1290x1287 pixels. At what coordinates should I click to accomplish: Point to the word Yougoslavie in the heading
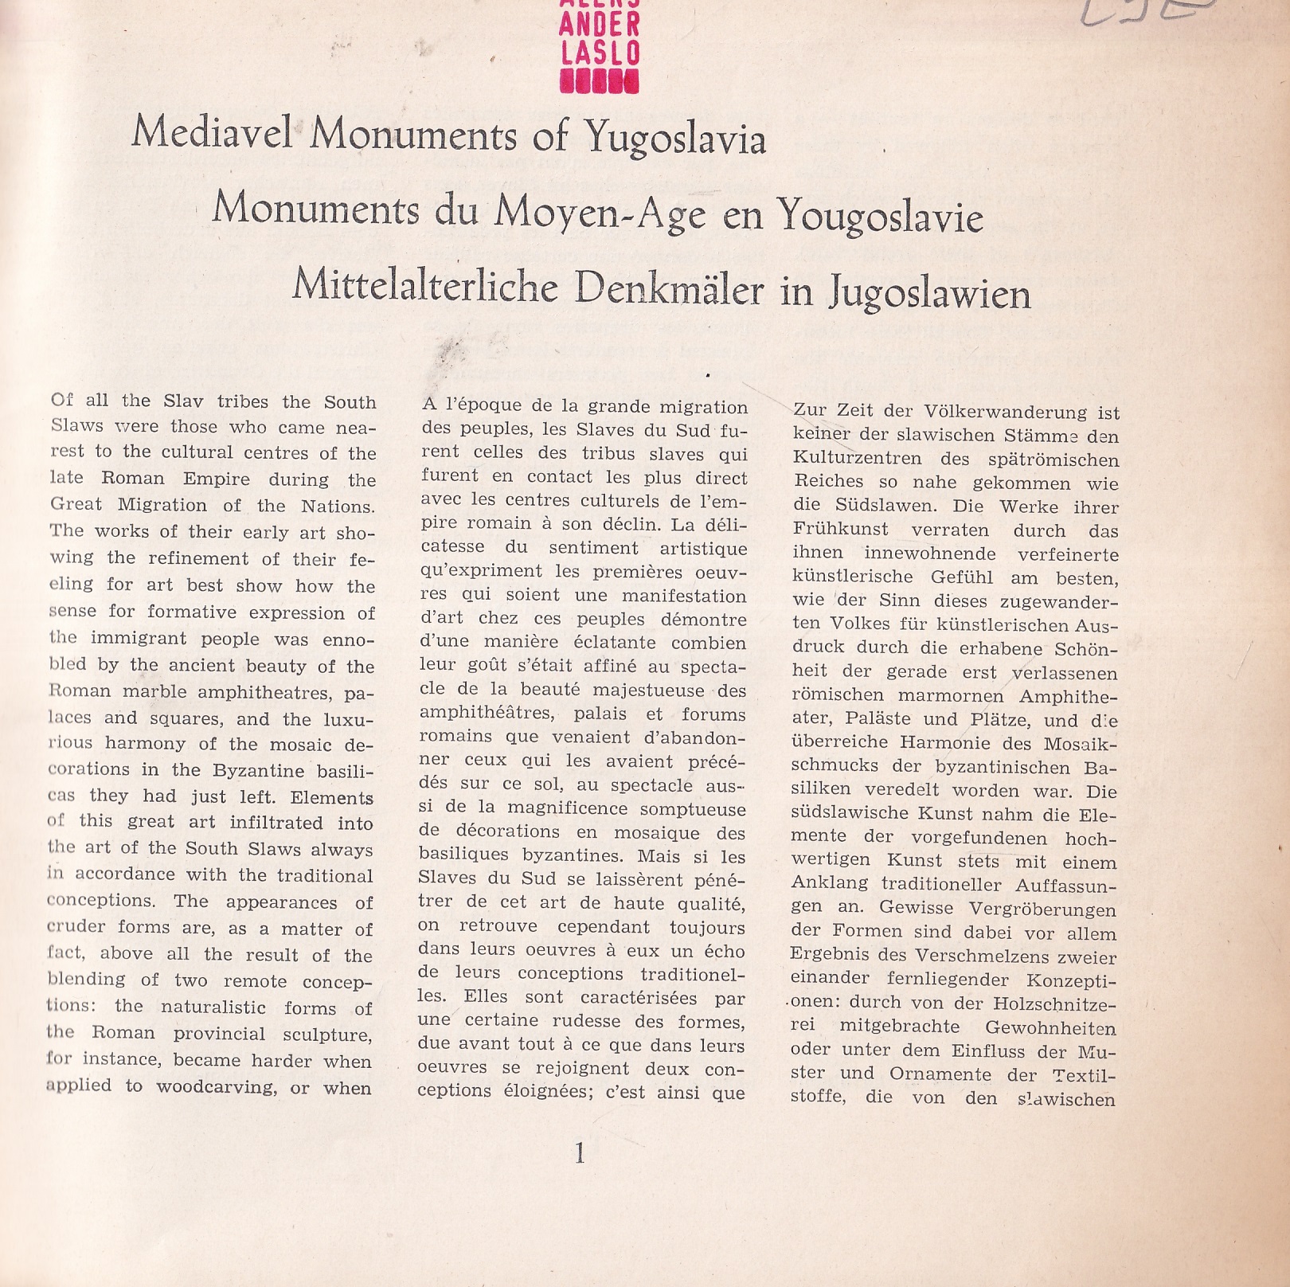click(x=881, y=215)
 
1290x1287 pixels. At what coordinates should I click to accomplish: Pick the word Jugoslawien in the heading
click(x=930, y=293)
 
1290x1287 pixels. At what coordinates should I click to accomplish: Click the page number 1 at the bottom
click(x=580, y=1152)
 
